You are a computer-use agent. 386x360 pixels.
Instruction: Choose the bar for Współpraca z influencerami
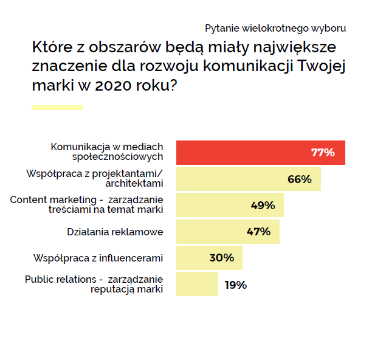point(195,258)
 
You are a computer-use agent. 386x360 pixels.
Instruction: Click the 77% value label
point(323,153)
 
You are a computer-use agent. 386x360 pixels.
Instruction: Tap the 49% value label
point(263,206)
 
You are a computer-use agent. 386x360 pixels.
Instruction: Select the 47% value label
point(258,232)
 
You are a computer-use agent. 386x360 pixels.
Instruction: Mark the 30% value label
point(221,258)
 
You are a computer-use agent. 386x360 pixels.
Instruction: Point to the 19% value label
point(235,285)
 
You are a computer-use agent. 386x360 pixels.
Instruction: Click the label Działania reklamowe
point(115,232)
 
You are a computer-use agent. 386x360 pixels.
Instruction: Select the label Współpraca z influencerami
point(98,258)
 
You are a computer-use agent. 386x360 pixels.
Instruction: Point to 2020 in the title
point(109,85)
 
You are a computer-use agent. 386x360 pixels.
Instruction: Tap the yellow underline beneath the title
point(57,108)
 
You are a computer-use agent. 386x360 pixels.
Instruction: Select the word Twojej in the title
point(323,66)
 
